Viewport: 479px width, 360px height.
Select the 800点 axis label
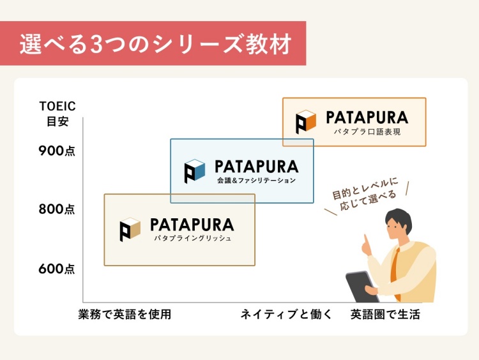[57, 209]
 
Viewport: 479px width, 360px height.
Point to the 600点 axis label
[57, 269]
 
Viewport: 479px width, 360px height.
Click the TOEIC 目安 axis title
[57, 113]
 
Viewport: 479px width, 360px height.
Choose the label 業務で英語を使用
[125, 314]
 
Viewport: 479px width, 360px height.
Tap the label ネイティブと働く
[286, 314]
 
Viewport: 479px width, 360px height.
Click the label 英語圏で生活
[385, 314]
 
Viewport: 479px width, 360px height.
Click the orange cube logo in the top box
[306, 121]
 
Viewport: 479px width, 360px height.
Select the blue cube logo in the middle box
[195, 171]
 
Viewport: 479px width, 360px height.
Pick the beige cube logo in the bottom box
[130, 229]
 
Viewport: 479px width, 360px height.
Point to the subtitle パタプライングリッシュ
[192, 238]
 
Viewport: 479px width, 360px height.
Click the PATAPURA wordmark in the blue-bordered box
[256, 167]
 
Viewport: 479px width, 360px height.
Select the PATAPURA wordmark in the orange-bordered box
[367, 117]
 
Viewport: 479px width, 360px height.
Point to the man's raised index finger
[365, 241]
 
